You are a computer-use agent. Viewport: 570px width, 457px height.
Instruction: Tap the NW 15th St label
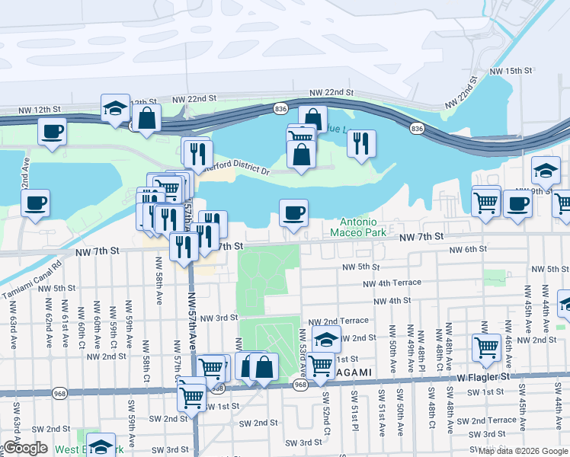click(x=510, y=71)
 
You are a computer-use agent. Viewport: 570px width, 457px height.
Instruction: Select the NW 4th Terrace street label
click(x=392, y=283)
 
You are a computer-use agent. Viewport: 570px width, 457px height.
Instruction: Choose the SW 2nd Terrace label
click(x=493, y=420)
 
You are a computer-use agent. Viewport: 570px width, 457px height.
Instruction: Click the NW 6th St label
click(x=468, y=250)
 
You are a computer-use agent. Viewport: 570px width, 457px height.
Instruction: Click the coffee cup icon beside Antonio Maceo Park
click(x=293, y=213)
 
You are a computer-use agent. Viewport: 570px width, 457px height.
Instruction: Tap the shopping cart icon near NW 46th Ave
click(x=486, y=347)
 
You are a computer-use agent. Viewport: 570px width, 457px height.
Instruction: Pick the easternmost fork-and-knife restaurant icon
click(x=361, y=142)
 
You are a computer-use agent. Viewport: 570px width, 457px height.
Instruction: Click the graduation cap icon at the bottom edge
click(x=101, y=446)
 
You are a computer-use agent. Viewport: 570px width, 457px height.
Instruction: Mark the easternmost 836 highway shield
click(x=416, y=128)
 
